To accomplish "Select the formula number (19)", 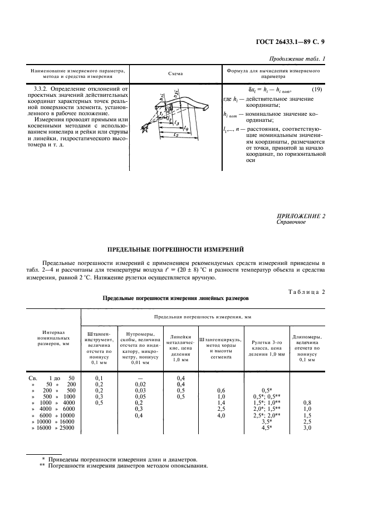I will click(316, 89).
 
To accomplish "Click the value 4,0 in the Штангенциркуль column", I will click(221, 415).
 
